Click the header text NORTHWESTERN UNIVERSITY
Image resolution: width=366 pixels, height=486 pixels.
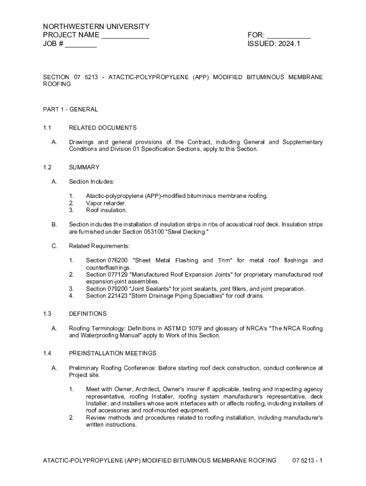(x=96, y=27)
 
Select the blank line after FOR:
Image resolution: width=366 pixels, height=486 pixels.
(x=289, y=36)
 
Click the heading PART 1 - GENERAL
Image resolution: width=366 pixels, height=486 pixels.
(x=70, y=109)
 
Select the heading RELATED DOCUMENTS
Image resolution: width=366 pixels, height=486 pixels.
(x=103, y=128)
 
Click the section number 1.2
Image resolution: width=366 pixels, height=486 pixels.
(x=47, y=167)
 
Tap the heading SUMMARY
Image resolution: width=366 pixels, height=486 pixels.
(x=84, y=167)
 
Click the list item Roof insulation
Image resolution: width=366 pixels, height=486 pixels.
(x=106, y=210)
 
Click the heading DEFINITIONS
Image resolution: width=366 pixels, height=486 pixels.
(x=88, y=314)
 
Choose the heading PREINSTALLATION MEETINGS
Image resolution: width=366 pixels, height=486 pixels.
(x=113, y=354)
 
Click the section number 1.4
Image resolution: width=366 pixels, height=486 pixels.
(x=47, y=354)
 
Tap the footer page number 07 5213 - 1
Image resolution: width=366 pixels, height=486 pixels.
(x=308, y=460)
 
